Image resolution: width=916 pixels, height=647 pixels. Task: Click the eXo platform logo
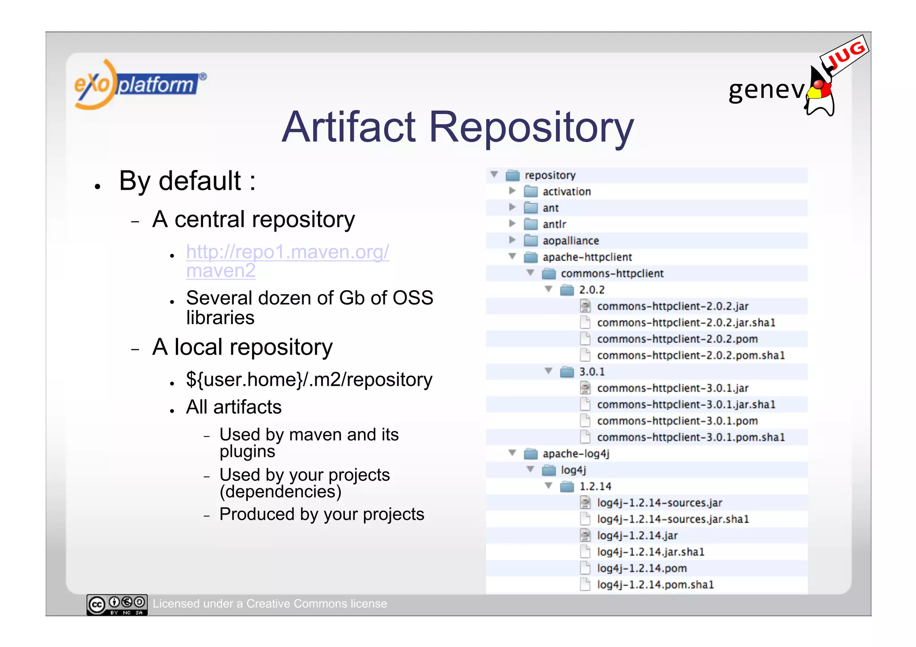point(139,85)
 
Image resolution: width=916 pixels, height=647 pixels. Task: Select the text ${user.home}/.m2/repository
point(309,380)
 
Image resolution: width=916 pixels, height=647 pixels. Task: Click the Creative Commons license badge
point(117,605)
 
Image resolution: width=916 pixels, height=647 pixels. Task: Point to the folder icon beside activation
point(531,192)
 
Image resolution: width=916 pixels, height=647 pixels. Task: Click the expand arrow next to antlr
point(513,224)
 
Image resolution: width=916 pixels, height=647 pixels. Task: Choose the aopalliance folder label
point(570,241)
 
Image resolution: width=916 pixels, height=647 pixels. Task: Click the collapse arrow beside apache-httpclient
point(513,257)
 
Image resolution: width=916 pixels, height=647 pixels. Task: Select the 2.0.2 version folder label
point(591,290)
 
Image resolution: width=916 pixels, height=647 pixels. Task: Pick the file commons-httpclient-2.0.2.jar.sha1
point(686,323)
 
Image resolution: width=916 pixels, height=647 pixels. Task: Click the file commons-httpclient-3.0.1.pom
point(677,421)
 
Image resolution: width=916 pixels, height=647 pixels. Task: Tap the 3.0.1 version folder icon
point(567,372)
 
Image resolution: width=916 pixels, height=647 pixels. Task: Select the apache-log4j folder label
point(576,454)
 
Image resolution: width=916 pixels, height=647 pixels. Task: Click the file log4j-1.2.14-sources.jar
point(659,503)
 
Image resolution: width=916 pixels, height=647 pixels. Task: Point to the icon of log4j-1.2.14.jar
point(585,536)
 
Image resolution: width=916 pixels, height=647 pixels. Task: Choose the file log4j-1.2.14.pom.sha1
point(655,585)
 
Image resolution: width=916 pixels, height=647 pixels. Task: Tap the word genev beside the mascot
point(766,90)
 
